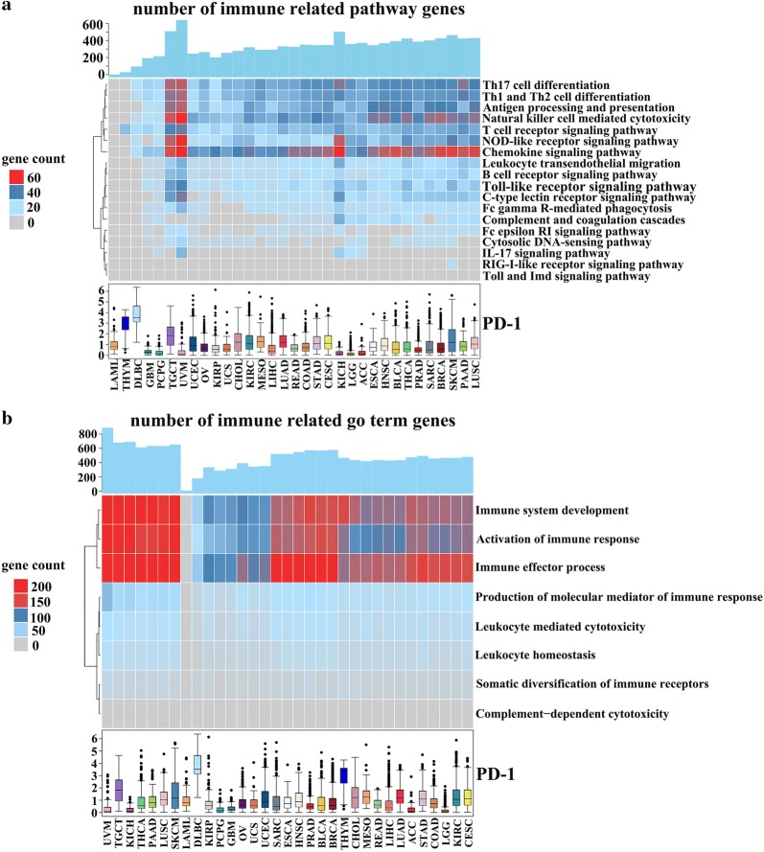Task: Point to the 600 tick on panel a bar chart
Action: (x=92, y=24)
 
